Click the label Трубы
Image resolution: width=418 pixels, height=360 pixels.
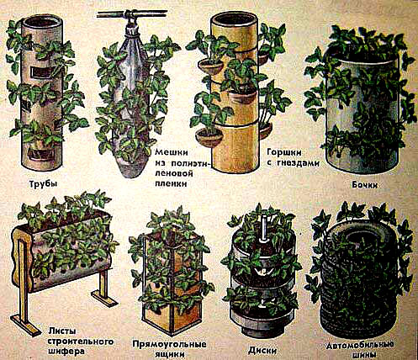pyautogui.click(x=43, y=184)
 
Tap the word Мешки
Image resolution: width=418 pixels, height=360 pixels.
pyautogui.click(x=172, y=152)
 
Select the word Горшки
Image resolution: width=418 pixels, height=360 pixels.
pyautogui.click(x=284, y=153)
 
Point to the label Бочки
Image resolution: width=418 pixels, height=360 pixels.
pyautogui.click(x=364, y=185)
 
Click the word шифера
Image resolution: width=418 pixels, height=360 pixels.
pyautogui.click(x=66, y=351)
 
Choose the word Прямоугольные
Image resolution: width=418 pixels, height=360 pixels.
pyautogui.click(x=169, y=344)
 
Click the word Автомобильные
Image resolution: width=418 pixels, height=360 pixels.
pyautogui.click(x=360, y=345)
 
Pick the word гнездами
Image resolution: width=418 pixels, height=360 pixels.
pyautogui.click(x=297, y=163)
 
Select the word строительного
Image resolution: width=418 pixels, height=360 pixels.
pyautogui.click(x=81, y=341)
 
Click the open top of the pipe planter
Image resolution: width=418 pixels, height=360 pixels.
pyautogui.click(x=41, y=22)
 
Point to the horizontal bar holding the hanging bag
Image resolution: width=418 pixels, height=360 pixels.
pyautogui.click(x=132, y=14)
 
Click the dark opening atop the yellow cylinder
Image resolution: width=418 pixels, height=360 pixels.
pyautogui.click(x=234, y=19)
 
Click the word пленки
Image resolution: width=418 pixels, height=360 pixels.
pyautogui.click(x=171, y=183)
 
